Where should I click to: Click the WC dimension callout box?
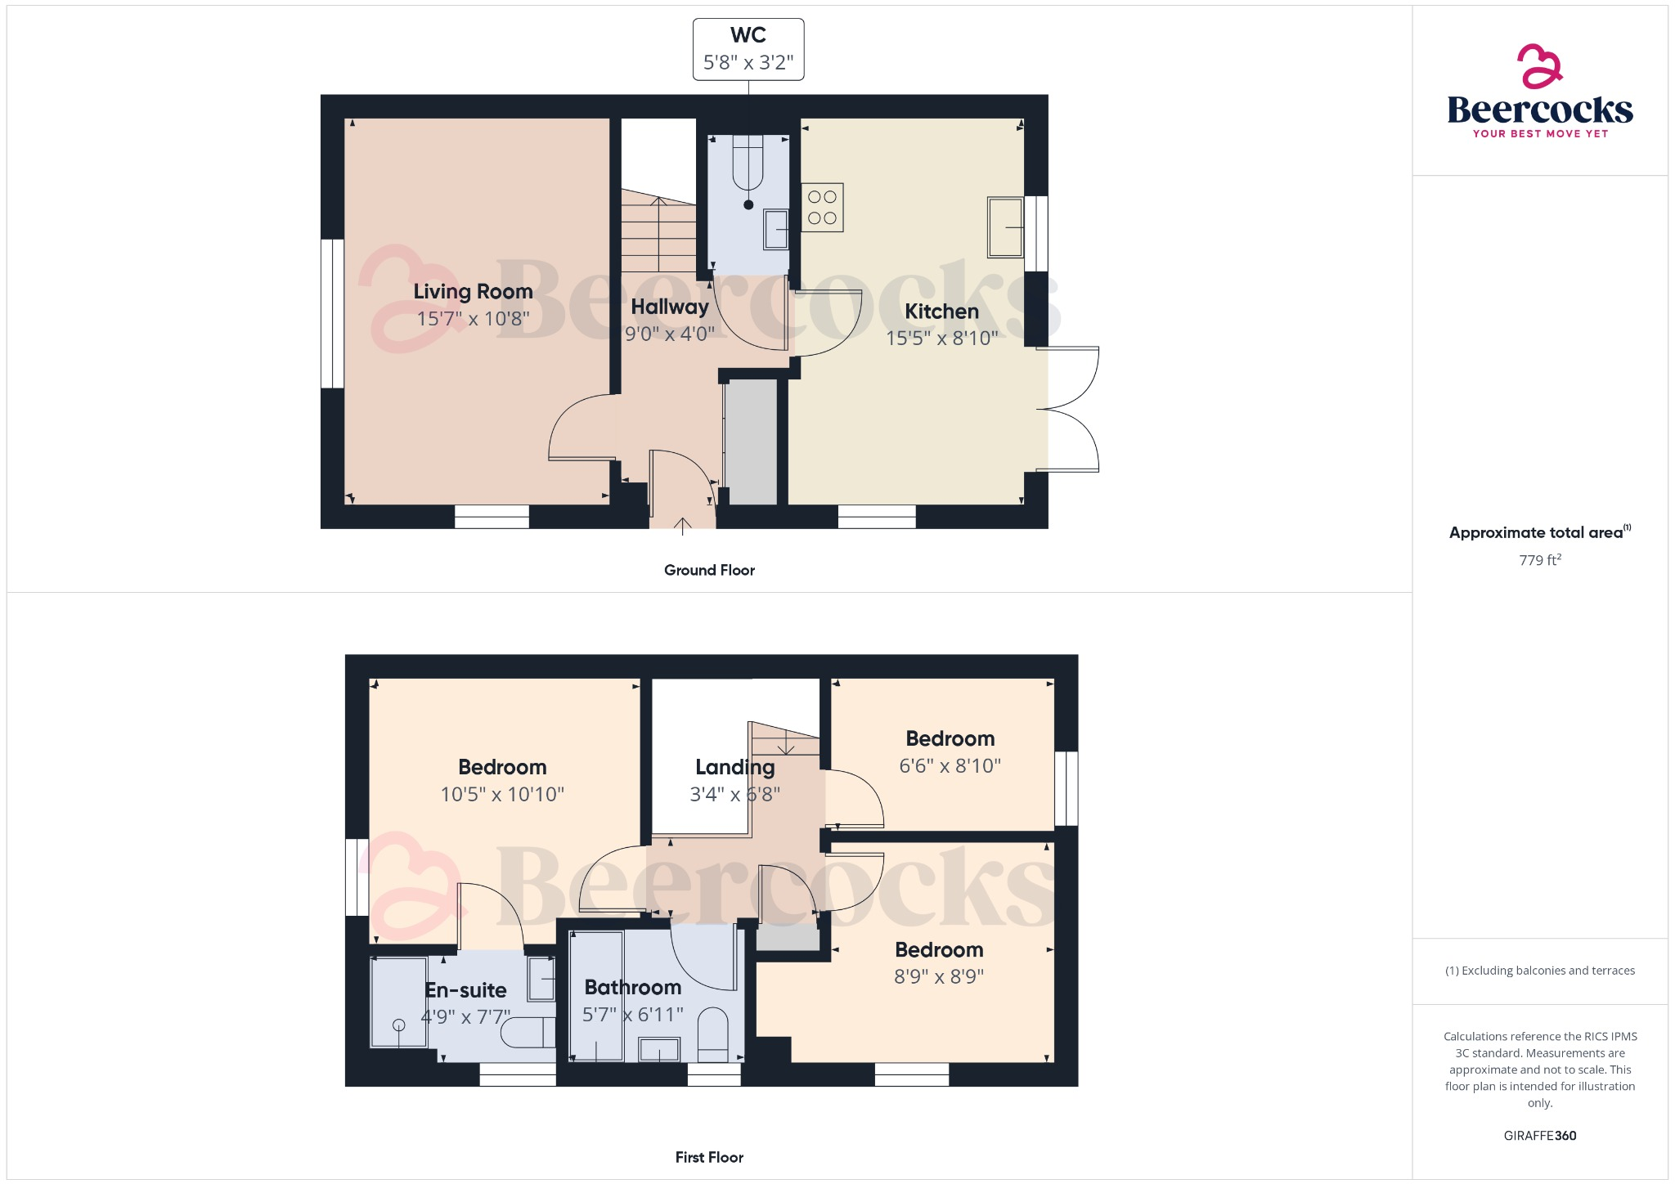748,49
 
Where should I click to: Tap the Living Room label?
473,291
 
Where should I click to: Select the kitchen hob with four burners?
822,208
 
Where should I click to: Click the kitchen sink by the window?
1005,226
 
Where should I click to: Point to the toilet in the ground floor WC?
748,168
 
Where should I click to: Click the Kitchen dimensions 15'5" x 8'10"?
941,338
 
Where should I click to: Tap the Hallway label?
670,307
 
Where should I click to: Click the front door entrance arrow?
683,525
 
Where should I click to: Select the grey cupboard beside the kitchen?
752,442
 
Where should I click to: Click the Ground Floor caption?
709,570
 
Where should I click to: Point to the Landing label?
734,767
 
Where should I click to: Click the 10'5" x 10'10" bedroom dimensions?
502,794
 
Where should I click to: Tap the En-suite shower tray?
399,1002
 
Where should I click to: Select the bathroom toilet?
713,1034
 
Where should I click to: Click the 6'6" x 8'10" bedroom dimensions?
950,766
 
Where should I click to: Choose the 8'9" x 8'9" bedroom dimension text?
939,976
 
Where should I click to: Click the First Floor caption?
709,1157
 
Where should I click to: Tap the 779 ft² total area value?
1540,560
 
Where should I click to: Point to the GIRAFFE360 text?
1540,1136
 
